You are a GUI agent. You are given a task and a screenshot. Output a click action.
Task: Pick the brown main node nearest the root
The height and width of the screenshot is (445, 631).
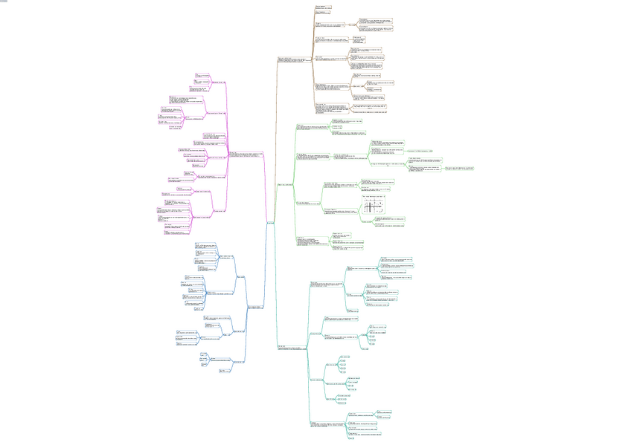[290, 59]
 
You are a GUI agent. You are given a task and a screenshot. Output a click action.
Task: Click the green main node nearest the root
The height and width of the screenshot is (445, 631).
[286, 183]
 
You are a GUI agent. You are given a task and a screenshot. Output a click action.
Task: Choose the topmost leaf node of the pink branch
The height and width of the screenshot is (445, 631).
[202, 75]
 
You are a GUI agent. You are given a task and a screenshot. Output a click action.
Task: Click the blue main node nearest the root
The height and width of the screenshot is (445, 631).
[254, 306]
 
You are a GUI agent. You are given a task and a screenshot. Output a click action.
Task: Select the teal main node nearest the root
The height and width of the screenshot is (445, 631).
[288, 347]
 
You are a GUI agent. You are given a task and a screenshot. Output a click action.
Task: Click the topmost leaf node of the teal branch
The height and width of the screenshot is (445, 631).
[388, 259]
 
